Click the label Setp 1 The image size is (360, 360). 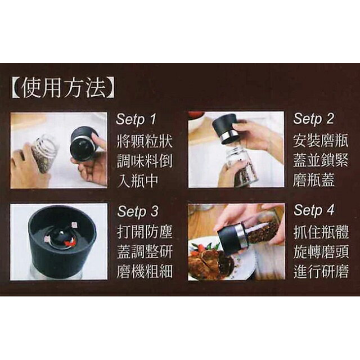(138, 119)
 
